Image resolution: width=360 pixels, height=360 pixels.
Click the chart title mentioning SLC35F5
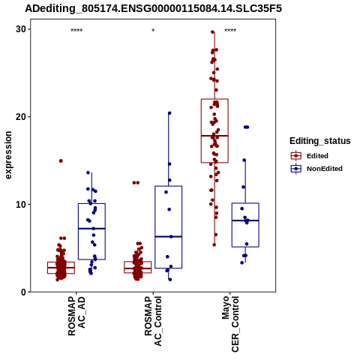click(x=153, y=9)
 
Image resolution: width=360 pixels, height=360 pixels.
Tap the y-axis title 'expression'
click(x=8, y=155)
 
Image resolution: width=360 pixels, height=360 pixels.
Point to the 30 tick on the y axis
click(x=21, y=29)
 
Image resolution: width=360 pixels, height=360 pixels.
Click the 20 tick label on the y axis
click(x=21, y=117)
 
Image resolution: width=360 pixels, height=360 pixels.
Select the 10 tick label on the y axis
click(x=21, y=205)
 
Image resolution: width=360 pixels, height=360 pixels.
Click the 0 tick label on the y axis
click(x=24, y=292)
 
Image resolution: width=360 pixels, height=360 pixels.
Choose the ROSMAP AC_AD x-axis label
click(x=76, y=316)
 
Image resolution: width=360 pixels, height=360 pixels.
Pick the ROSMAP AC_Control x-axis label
click(x=153, y=321)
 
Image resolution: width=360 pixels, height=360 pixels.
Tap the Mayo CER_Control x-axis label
click(x=230, y=324)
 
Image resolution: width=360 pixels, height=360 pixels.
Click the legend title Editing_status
click(x=320, y=141)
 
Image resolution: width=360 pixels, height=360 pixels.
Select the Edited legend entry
click(x=310, y=156)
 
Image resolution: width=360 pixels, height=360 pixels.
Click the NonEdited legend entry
click(x=316, y=169)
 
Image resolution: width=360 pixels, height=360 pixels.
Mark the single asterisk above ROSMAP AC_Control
click(x=153, y=31)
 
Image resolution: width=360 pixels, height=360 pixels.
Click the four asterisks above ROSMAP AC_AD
click(x=76, y=31)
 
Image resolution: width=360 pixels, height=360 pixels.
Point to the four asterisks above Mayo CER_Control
click(x=230, y=31)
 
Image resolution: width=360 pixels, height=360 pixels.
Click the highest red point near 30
click(x=213, y=32)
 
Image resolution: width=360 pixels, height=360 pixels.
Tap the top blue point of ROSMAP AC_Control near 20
click(x=169, y=113)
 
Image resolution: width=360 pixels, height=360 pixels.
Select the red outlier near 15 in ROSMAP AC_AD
click(x=61, y=161)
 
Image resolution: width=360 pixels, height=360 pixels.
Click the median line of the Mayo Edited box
click(x=214, y=136)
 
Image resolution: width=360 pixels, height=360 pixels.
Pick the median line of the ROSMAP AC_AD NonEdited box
click(x=91, y=229)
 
